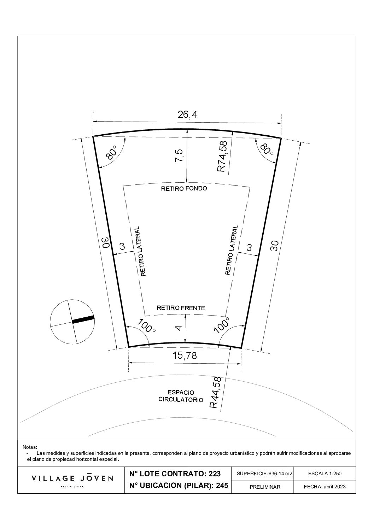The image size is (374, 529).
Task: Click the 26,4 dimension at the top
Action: [x=187, y=115]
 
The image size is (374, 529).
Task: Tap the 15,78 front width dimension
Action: [x=184, y=355]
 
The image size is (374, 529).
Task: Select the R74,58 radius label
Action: [x=222, y=156]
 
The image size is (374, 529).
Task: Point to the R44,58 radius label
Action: [x=216, y=392]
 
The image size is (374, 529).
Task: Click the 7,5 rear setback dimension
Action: [x=179, y=155]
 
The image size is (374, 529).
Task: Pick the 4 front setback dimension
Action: [x=179, y=328]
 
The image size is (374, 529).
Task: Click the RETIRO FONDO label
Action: [x=184, y=188]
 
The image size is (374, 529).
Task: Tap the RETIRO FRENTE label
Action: [x=181, y=308]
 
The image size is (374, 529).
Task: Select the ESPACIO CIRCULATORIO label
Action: [x=181, y=396]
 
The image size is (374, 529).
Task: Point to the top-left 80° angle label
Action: [x=111, y=153]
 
